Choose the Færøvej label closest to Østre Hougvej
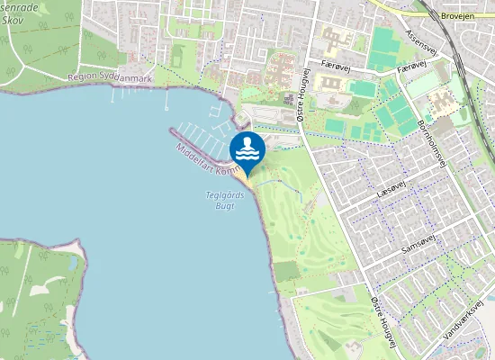coord(336,66)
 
